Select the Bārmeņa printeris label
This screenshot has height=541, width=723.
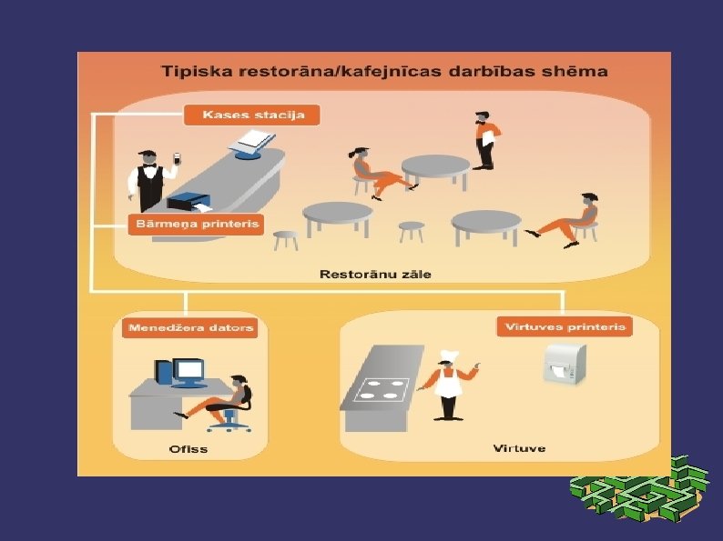pyautogui.click(x=195, y=223)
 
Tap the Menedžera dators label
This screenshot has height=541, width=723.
pyautogui.click(x=190, y=327)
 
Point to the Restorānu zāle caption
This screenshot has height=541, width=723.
pyautogui.click(x=374, y=274)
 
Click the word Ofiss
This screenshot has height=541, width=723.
pyautogui.click(x=188, y=448)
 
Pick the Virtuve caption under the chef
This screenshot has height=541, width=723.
pyautogui.click(x=519, y=448)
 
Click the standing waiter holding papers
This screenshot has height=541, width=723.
pyautogui.click(x=484, y=141)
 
